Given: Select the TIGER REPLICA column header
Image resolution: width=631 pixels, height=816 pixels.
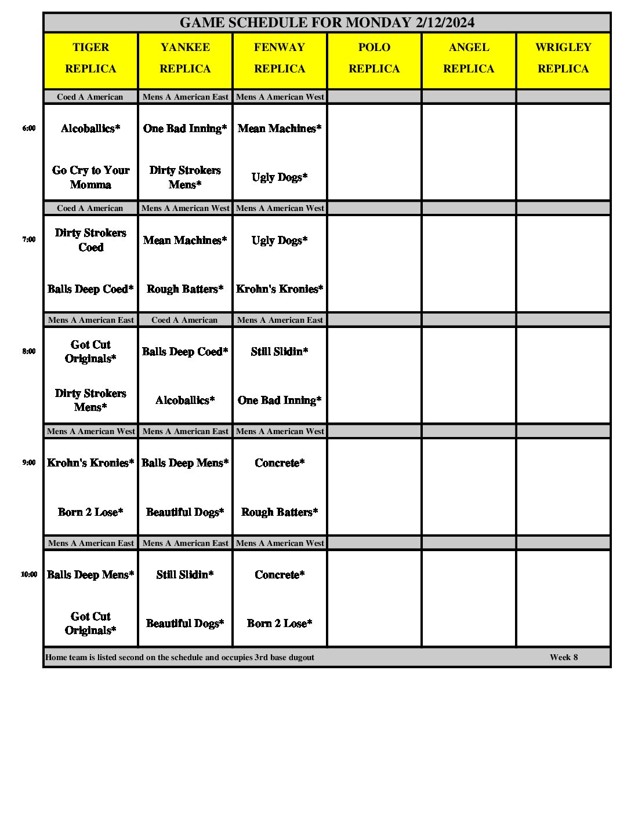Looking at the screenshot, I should click(x=90, y=58).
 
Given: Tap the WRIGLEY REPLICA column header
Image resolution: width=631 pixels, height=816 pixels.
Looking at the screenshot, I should click(x=563, y=58).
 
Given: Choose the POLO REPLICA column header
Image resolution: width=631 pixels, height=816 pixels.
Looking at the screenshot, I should click(x=374, y=58).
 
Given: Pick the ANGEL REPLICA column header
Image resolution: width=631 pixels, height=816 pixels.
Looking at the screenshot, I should click(x=469, y=58).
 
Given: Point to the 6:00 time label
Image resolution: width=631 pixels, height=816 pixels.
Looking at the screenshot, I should click(x=29, y=129).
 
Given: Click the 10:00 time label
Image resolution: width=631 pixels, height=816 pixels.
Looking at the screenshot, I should click(x=29, y=574).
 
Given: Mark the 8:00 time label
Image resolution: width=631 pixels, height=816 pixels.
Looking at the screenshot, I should click(x=29, y=351).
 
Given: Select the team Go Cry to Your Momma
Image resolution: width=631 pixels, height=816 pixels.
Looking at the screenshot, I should click(x=90, y=177).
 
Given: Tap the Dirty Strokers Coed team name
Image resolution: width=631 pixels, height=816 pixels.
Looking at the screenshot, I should click(x=90, y=240).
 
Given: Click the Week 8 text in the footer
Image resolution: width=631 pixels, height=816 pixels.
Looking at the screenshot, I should click(x=564, y=657).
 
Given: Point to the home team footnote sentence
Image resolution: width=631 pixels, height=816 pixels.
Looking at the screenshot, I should click(x=180, y=657).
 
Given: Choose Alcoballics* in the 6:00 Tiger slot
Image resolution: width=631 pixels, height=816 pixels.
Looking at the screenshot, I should click(x=90, y=129).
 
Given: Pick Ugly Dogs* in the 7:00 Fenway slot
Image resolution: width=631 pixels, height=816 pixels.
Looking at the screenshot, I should click(x=280, y=240).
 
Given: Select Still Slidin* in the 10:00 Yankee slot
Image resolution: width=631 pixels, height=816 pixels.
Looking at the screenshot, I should click(x=185, y=574).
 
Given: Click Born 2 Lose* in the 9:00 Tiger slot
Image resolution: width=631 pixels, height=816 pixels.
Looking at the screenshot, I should click(x=90, y=512).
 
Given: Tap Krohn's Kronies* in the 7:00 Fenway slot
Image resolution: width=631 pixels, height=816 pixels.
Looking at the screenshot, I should click(x=280, y=289).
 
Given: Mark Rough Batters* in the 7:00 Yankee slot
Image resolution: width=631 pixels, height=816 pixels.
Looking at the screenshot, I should click(x=185, y=289).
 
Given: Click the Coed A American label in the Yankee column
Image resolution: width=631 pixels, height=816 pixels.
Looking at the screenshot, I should click(x=184, y=320).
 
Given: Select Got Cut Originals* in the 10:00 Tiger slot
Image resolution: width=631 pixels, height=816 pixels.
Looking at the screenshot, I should click(x=90, y=623).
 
